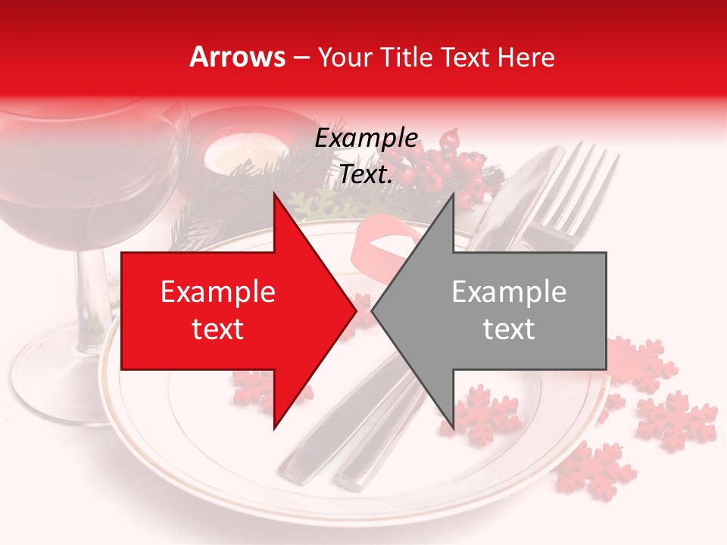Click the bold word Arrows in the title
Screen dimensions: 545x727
point(236,57)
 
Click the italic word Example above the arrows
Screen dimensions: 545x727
point(367,139)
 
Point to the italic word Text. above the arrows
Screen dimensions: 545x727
point(367,175)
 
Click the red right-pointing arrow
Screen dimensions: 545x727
point(227,310)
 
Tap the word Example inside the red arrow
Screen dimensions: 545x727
point(218,292)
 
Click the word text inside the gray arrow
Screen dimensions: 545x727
point(509,329)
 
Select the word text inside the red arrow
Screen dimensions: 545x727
point(218,329)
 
